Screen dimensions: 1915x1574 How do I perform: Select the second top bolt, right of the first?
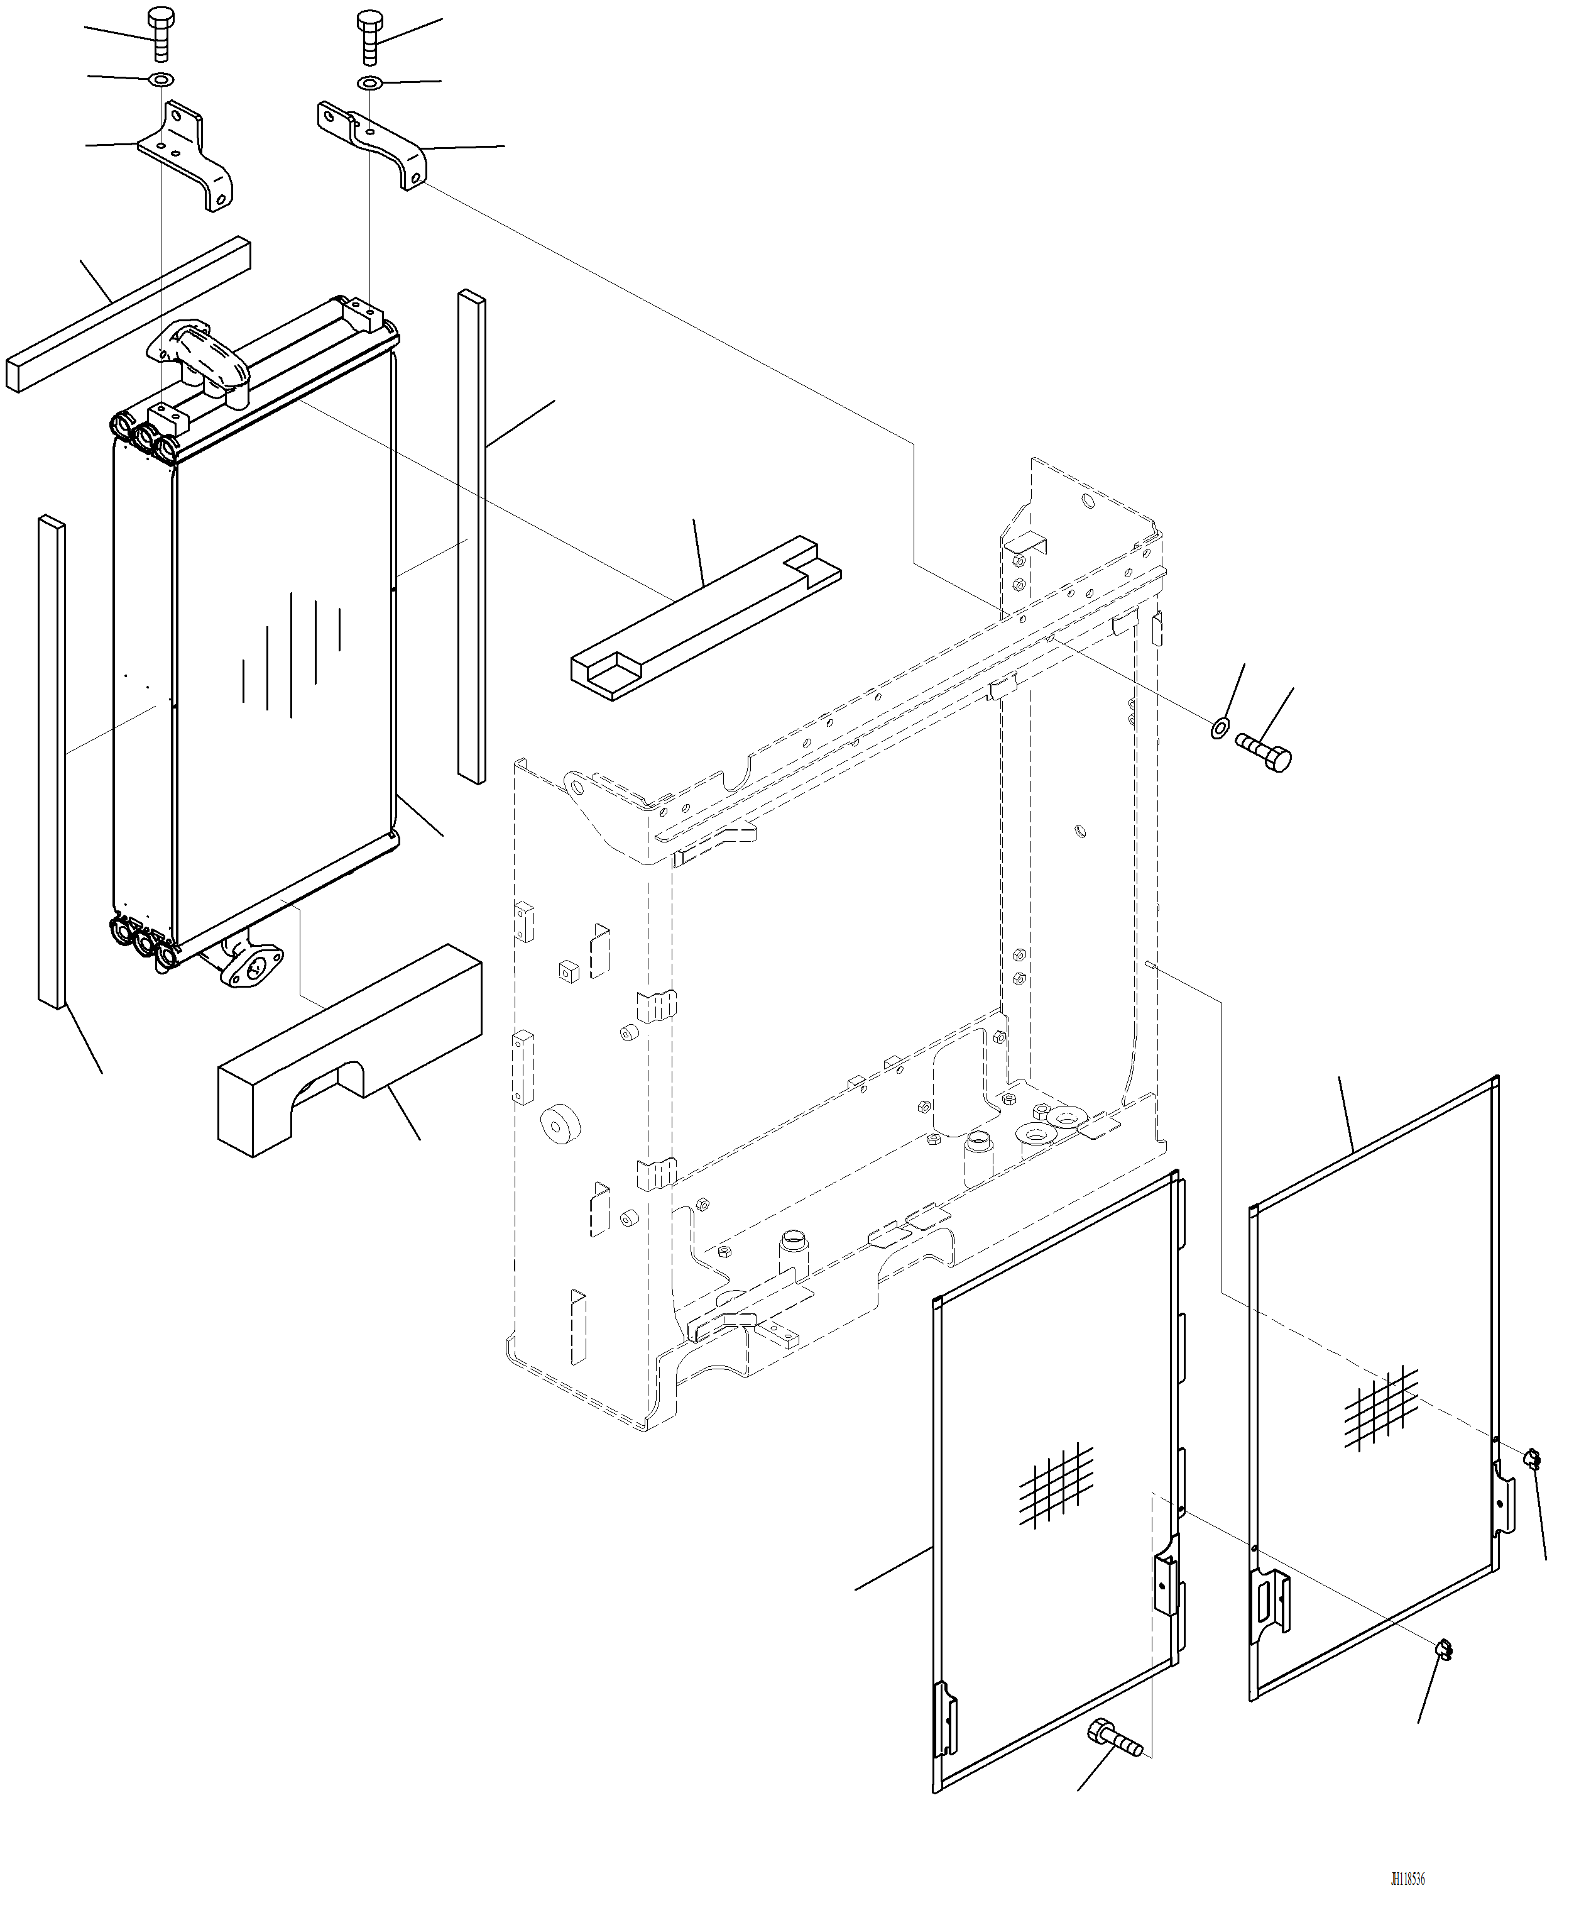click(369, 36)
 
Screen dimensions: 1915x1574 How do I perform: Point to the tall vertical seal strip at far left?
click(52, 762)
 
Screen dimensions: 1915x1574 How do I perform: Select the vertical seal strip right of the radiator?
click(471, 535)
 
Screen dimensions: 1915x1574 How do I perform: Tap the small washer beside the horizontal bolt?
click(1220, 727)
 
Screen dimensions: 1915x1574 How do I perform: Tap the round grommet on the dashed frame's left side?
click(561, 1124)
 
